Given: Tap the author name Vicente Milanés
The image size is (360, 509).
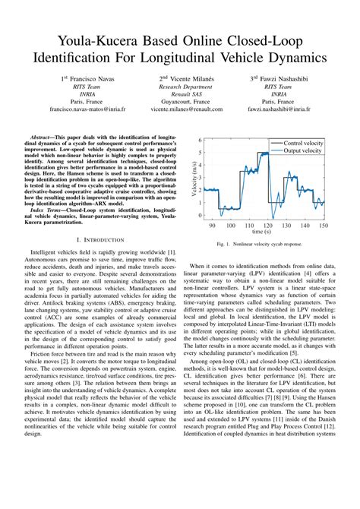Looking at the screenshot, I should (183, 78).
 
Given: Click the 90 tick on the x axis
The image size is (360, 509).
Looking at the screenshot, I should (212, 226).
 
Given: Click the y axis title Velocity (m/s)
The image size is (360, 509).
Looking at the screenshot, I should (193, 179).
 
